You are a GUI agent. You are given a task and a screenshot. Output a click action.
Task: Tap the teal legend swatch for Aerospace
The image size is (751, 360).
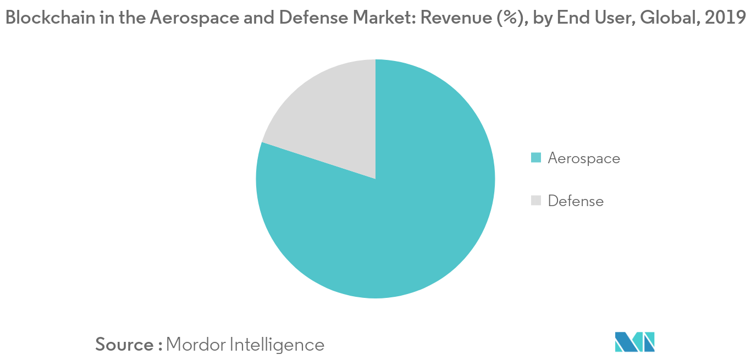click(x=536, y=158)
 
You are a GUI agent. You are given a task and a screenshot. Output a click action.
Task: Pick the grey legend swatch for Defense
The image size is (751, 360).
click(x=536, y=201)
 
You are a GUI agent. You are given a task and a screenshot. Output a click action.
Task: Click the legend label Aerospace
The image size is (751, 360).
click(x=584, y=158)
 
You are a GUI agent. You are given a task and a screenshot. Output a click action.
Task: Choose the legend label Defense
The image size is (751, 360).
click(x=576, y=201)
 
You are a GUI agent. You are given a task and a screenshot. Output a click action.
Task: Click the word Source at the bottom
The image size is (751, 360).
click(x=125, y=345)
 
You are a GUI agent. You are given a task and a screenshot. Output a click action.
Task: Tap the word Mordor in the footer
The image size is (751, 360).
click(x=195, y=345)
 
